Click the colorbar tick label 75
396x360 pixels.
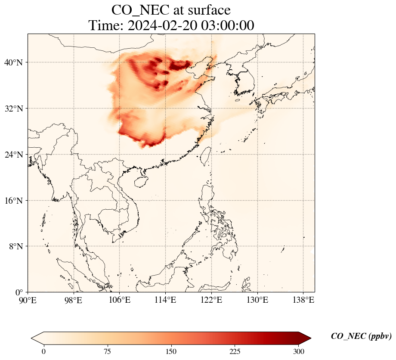(107, 352)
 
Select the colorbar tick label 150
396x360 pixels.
(171, 352)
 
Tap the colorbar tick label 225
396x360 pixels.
(235, 352)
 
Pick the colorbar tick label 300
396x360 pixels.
(299, 352)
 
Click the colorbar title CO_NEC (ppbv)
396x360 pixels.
(361, 336)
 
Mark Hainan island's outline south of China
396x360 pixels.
(140, 182)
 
